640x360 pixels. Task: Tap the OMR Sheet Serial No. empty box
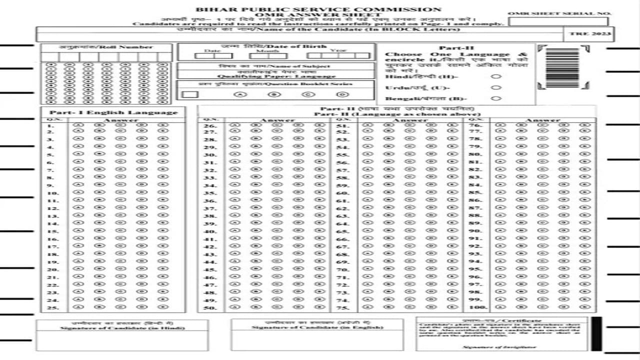pyautogui.click(x=558, y=21)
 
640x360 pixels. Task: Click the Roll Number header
pyautogui.click(x=106, y=47)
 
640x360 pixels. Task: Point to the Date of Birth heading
pyautogui.click(x=276, y=46)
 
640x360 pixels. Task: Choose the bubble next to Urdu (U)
pyautogui.click(x=496, y=87)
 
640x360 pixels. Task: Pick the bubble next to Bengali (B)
pyautogui.click(x=496, y=98)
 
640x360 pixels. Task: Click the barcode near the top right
pyautogui.click(x=563, y=67)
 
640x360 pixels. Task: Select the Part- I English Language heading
pyautogui.click(x=113, y=112)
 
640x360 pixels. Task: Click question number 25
pyautogui.click(x=53, y=307)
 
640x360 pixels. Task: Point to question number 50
pyautogui.click(x=210, y=307)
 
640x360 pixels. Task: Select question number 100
pyautogui.click(x=478, y=307)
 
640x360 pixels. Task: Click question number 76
pyautogui.click(x=475, y=125)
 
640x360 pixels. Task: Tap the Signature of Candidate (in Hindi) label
pyautogui.click(x=122, y=328)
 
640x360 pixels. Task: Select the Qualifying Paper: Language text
pyautogui.click(x=276, y=76)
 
